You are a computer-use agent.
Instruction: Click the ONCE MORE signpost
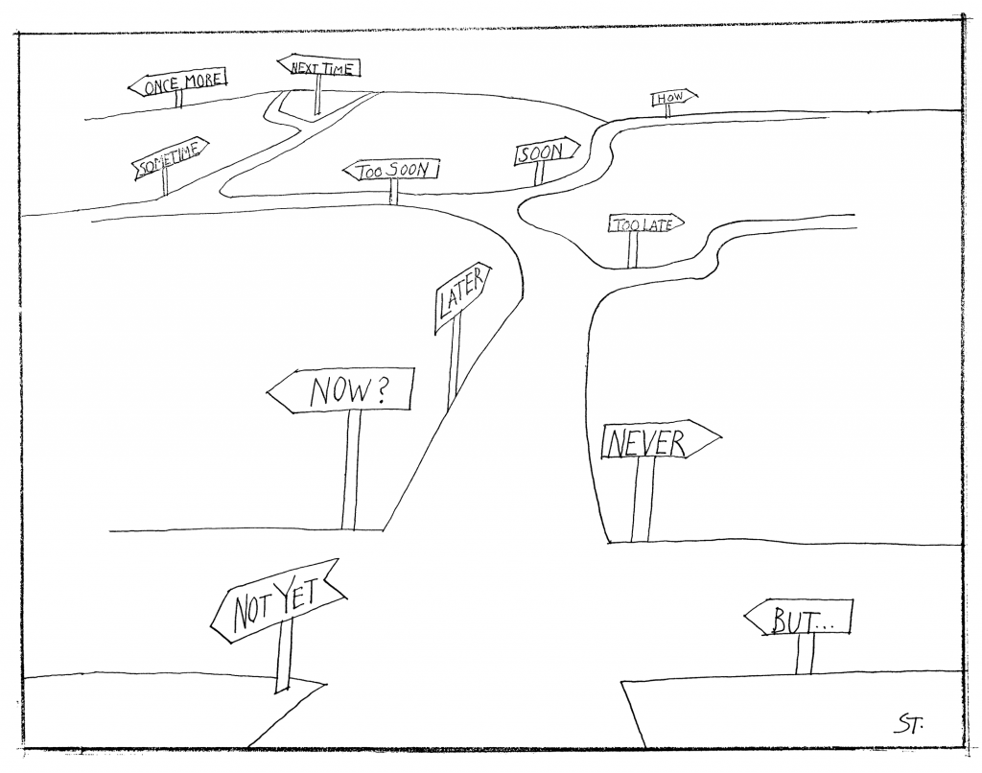(x=178, y=84)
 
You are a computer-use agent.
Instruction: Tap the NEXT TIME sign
(x=320, y=67)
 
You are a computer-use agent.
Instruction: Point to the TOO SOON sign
(x=390, y=171)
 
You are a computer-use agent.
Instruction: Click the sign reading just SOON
(x=546, y=152)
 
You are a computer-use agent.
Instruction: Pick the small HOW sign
(x=673, y=97)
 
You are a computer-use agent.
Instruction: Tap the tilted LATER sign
(x=462, y=298)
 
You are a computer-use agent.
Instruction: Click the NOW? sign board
(x=342, y=390)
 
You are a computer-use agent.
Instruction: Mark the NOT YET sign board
(x=275, y=600)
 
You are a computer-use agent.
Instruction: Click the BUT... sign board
(x=799, y=619)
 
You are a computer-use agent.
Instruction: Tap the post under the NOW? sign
(x=351, y=470)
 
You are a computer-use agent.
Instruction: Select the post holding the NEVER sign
(x=643, y=500)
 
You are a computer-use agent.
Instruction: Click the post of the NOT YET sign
(x=282, y=656)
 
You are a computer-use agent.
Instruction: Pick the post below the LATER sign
(x=453, y=364)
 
